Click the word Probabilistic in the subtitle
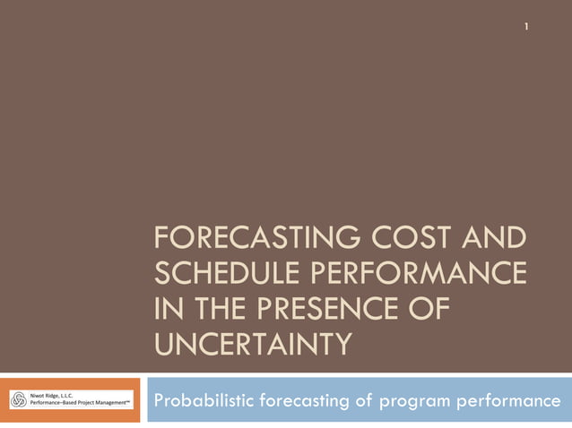[x=203, y=400]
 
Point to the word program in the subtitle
[x=420, y=400]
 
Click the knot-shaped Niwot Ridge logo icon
[x=19, y=400]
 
